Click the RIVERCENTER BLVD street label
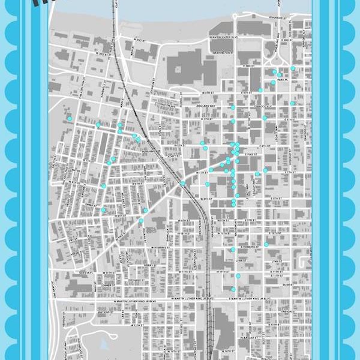pos(223,42)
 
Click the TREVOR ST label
pos(287,311)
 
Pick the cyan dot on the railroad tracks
pos(183,183)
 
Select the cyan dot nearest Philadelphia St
pos(70,119)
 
